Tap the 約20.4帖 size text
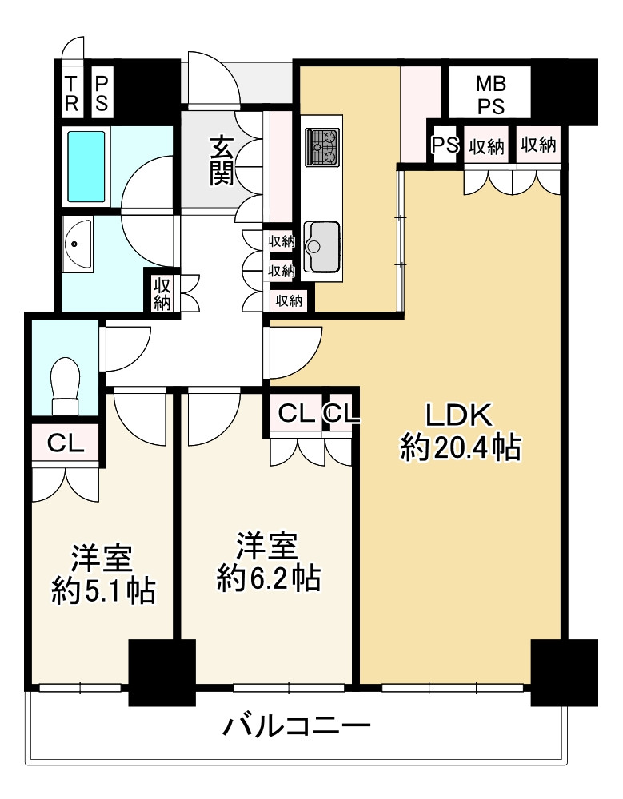tap(461, 449)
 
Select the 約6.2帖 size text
tap(270, 578)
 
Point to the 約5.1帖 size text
tap(102, 590)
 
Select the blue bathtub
tap(86, 166)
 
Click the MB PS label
tap(491, 94)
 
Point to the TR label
tap(72, 94)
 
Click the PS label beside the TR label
tap(102, 94)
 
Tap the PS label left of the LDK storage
tap(445, 145)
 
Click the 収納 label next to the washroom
tap(162, 292)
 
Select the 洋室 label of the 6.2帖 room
tap(268, 546)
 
